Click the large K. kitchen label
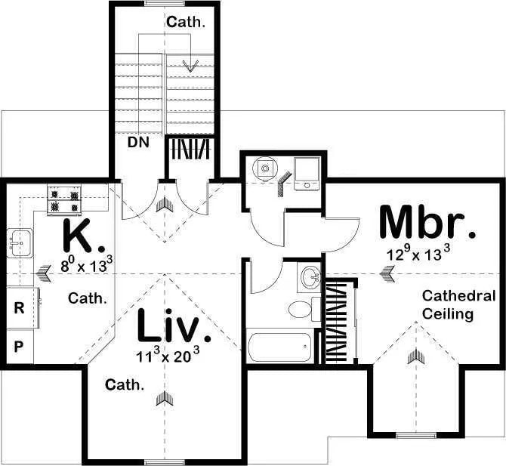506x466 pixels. (x=83, y=235)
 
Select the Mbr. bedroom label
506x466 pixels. (x=427, y=222)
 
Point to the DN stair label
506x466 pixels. (x=138, y=142)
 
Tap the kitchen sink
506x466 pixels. (x=20, y=242)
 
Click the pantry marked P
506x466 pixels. (x=20, y=347)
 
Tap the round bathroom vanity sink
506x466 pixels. (x=310, y=276)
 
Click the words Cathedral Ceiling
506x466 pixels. (x=458, y=304)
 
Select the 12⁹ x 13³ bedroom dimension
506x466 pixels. (x=418, y=252)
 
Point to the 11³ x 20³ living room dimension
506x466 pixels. (x=168, y=354)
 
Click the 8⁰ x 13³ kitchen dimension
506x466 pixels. (x=87, y=264)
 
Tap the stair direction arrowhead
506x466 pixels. (x=190, y=66)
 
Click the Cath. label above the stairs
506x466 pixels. (x=186, y=22)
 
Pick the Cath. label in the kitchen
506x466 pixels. (x=87, y=298)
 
